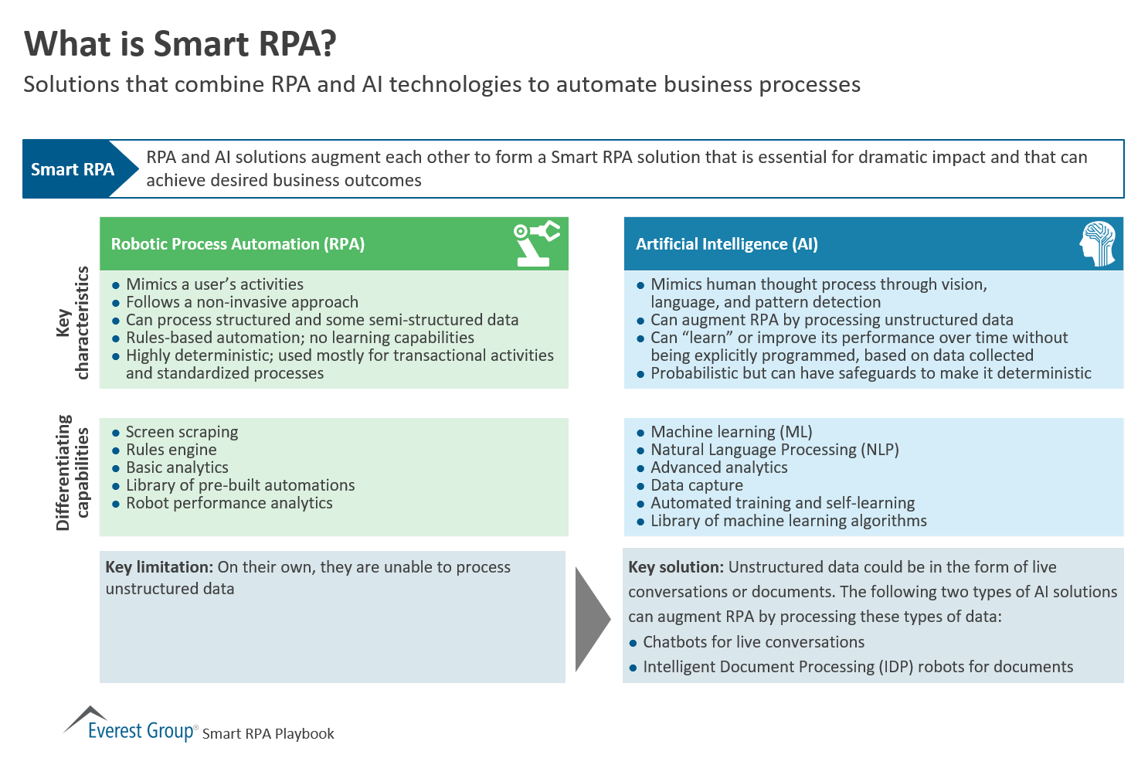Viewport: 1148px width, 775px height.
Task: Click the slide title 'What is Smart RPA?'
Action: [x=181, y=44]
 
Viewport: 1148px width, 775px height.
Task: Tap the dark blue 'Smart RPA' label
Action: [x=73, y=169]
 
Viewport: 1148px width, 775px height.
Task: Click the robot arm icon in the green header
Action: [x=536, y=243]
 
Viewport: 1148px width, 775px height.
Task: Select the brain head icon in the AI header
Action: [x=1098, y=243]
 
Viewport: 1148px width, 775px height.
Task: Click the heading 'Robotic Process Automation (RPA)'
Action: [x=238, y=244]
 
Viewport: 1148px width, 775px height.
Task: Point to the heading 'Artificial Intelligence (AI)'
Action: [x=726, y=244]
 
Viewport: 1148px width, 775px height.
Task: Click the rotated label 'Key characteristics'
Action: [x=73, y=323]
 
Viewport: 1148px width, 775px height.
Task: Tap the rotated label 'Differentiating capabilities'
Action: [x=73, y=473]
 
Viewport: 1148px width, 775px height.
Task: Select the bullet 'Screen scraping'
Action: [x=182, y=432]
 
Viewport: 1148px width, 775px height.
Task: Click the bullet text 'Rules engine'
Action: [x=171, y=450]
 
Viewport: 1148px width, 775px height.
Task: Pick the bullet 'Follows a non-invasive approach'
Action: [x=242, y=302]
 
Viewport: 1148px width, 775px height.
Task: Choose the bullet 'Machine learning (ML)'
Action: [x=731, y=432]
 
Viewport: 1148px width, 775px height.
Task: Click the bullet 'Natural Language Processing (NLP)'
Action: [x=774, y=450]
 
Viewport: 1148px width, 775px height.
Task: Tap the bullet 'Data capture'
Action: [x=696, y=485]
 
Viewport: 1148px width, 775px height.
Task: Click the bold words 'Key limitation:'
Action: [x=158, y=567]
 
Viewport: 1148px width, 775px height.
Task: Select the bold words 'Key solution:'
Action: [x=676, y=567]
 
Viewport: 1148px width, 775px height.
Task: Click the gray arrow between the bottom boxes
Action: [x=592, y=619]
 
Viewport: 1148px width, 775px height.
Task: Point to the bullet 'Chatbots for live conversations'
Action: [x=753, y=642]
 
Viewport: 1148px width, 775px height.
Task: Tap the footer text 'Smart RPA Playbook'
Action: [x=268, y=733]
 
